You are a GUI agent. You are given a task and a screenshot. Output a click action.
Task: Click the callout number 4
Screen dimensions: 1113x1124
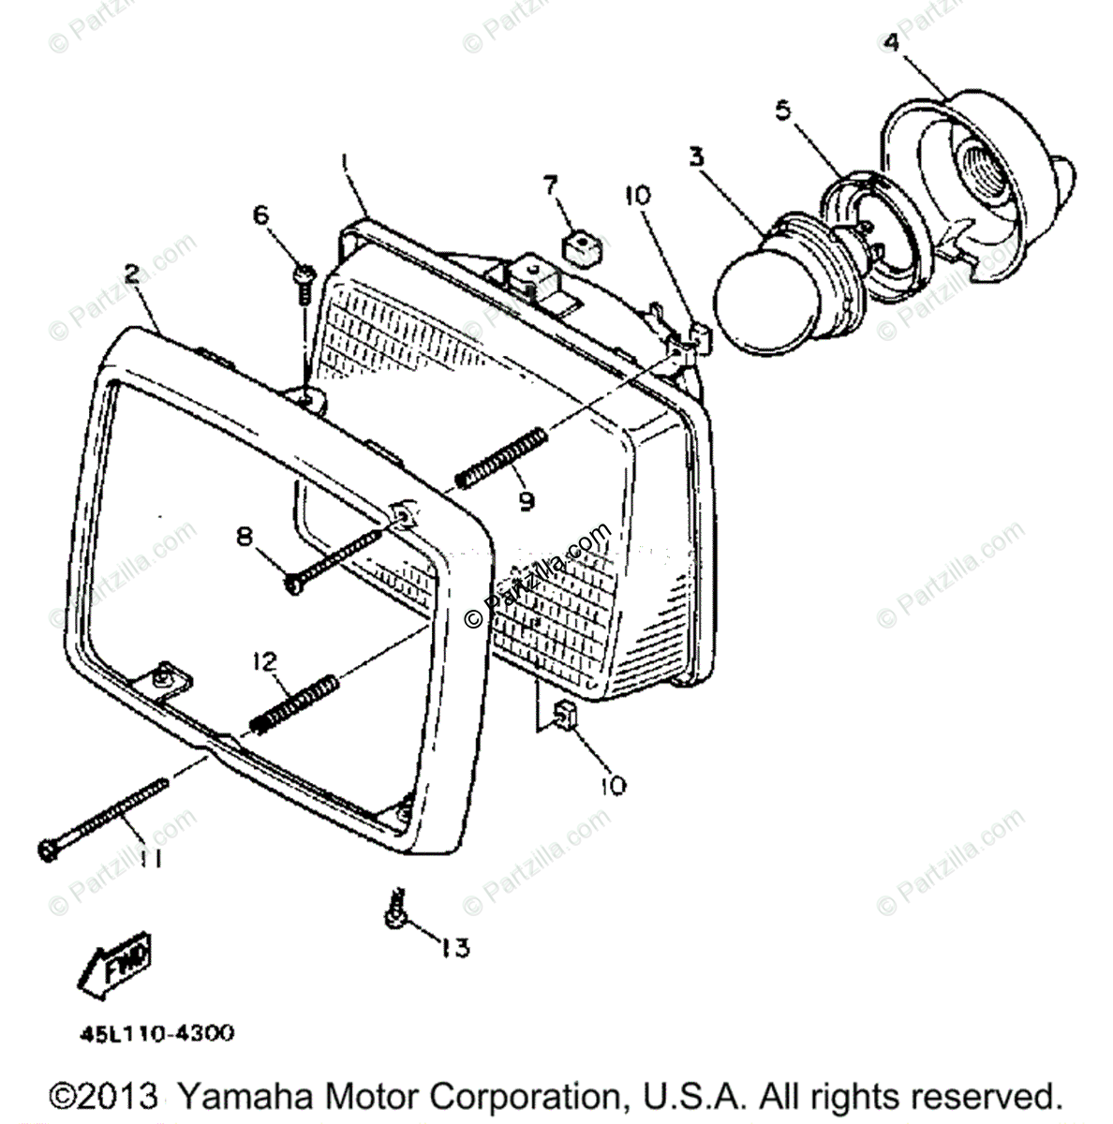[x=891, y=43]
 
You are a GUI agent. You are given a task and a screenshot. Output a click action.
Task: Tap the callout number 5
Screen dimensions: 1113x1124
[x=782, y=111]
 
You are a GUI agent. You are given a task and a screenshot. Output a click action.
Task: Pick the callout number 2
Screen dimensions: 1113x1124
[x=132, y=274]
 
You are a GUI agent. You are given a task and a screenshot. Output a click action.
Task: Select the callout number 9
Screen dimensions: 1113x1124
[x=527, y=501]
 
